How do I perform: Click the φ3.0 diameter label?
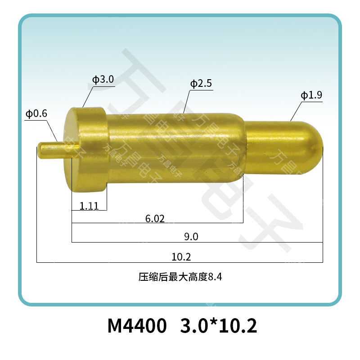(x=103, y=80)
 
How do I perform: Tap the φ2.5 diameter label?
(x=201, y=84)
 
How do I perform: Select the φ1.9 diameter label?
(x=311, y=95)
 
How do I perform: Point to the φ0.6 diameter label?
(x=36, y=114)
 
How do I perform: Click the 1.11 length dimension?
(x=89, y=206)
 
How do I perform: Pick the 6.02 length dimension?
(x=155, y=219)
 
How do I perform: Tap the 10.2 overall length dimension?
(x=181, y=257)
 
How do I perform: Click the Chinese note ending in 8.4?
(x=180, y=277)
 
